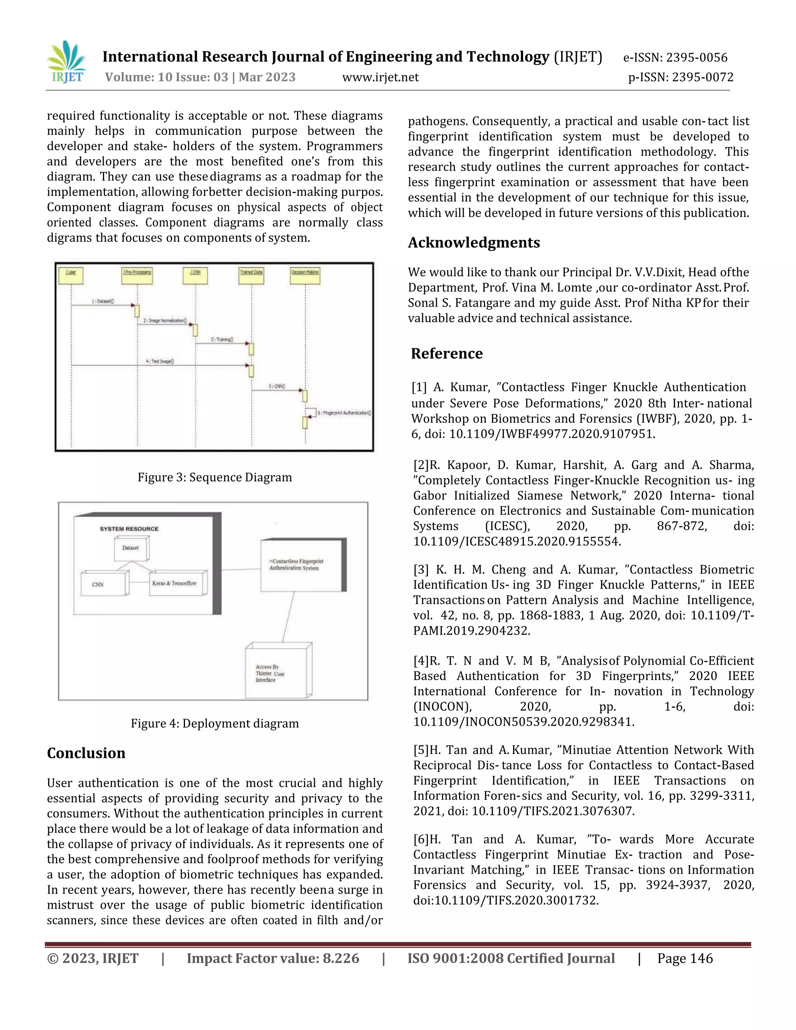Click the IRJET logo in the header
tap(66, 62)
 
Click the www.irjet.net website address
tap(380, 77)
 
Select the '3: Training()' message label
tap(222, 340)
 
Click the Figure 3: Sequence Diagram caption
tap(215, 477)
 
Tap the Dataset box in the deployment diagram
tap(131, 548)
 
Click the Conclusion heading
tap(86, 753)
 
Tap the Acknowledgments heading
tap(473, 243)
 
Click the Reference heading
tap(447, 353)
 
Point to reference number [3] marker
tap(421, 570)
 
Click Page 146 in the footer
tap(685, 958)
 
